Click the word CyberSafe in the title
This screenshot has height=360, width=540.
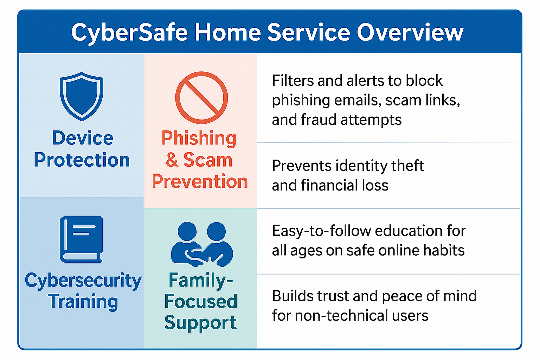pos(129,33)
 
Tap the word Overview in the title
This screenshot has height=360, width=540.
pos(410,32)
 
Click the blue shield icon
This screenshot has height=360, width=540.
pos(82,96)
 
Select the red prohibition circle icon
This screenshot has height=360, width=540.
pos(201,98)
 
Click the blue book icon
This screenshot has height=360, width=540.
pos(81,239)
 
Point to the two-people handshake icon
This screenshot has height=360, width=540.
pos(202,244)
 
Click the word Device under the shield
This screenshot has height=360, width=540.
pos(83,138)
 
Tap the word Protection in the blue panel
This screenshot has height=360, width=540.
pos(82,160)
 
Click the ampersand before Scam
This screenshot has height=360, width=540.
pos(172,160)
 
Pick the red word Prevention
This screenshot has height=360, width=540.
pos(200,181)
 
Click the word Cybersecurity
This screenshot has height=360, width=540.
pos(83,281)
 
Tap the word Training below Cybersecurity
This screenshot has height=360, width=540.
pos(83,302)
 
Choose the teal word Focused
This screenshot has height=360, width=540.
pos(201,301)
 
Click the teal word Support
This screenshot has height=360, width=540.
pos(201,323)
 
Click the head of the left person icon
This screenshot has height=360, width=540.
pos(187,231)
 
